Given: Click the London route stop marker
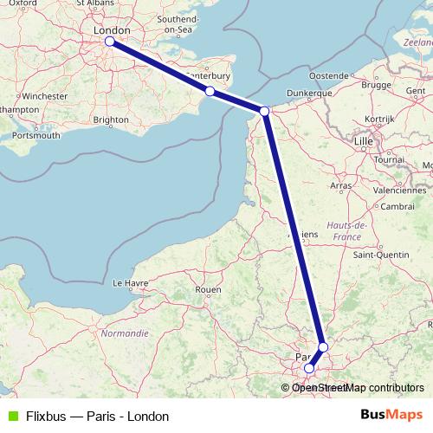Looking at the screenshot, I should click(109, 41).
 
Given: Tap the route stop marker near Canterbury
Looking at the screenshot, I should click(210, 91).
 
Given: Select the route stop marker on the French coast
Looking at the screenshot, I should click(264, 110).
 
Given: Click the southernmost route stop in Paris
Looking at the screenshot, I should click(309, 368).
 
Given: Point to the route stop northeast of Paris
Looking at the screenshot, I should click(323, 347).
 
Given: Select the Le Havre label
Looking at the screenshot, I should click(130, 282).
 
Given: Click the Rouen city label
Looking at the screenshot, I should click(208, 289).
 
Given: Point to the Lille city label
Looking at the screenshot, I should click(365, 139).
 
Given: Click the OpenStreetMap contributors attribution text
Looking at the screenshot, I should click(359, 388).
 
